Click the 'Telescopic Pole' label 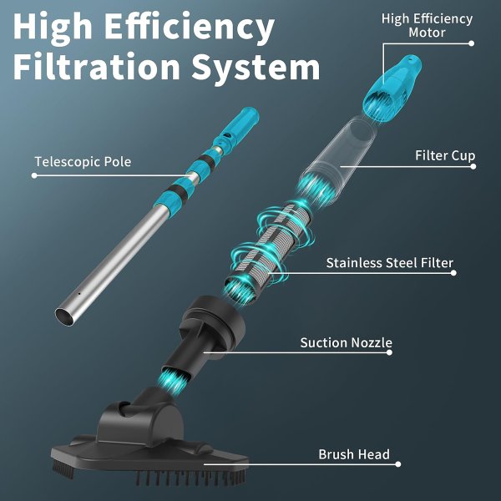tap(83, 161)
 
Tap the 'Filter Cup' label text tap(445, 155)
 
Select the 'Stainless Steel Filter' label tap(389, 263)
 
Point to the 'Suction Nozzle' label tap(346, 342)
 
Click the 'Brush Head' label tap(354, 454)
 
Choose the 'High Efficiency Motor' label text tap(428, 26)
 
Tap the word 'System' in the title tap(256, 68)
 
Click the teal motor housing tap(392, 88)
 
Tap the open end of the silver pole tap(65, 316)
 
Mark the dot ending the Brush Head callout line tap(397, 464)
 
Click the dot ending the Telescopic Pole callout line tap(34, 175)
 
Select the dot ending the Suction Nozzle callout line tap(389, 352)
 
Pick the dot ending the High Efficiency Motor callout tap(471, 43)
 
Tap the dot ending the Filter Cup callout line tap(473, 166)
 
